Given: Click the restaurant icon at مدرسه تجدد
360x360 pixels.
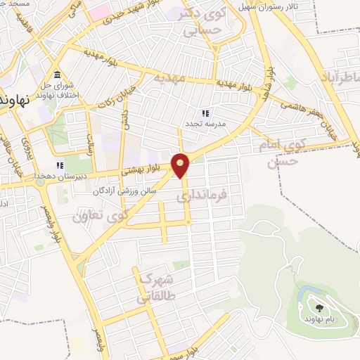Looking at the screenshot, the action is tap(205, 113).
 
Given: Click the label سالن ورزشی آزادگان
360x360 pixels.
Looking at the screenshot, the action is tap(124, 191).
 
